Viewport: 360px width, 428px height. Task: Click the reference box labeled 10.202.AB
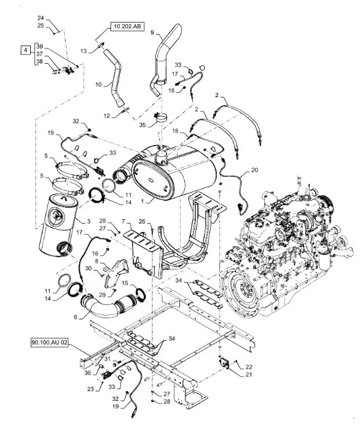coord(127,26)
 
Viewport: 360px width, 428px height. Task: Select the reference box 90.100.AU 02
coord(49,343)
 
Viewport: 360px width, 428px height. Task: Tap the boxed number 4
coord(25,50)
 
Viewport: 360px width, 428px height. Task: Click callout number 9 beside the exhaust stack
coord(152,33)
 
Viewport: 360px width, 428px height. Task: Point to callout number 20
coord(254,170)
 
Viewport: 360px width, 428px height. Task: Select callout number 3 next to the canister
coord(88,222)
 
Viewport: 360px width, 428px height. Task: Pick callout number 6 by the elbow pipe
coord(76,317)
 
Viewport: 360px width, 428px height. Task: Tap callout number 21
coord(249,375)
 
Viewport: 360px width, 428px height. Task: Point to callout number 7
coord(123,220)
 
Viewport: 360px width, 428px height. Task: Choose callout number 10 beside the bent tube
coord(98,85)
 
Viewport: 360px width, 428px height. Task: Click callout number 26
coord(142,222)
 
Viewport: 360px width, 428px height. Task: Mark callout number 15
coord(125,283)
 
